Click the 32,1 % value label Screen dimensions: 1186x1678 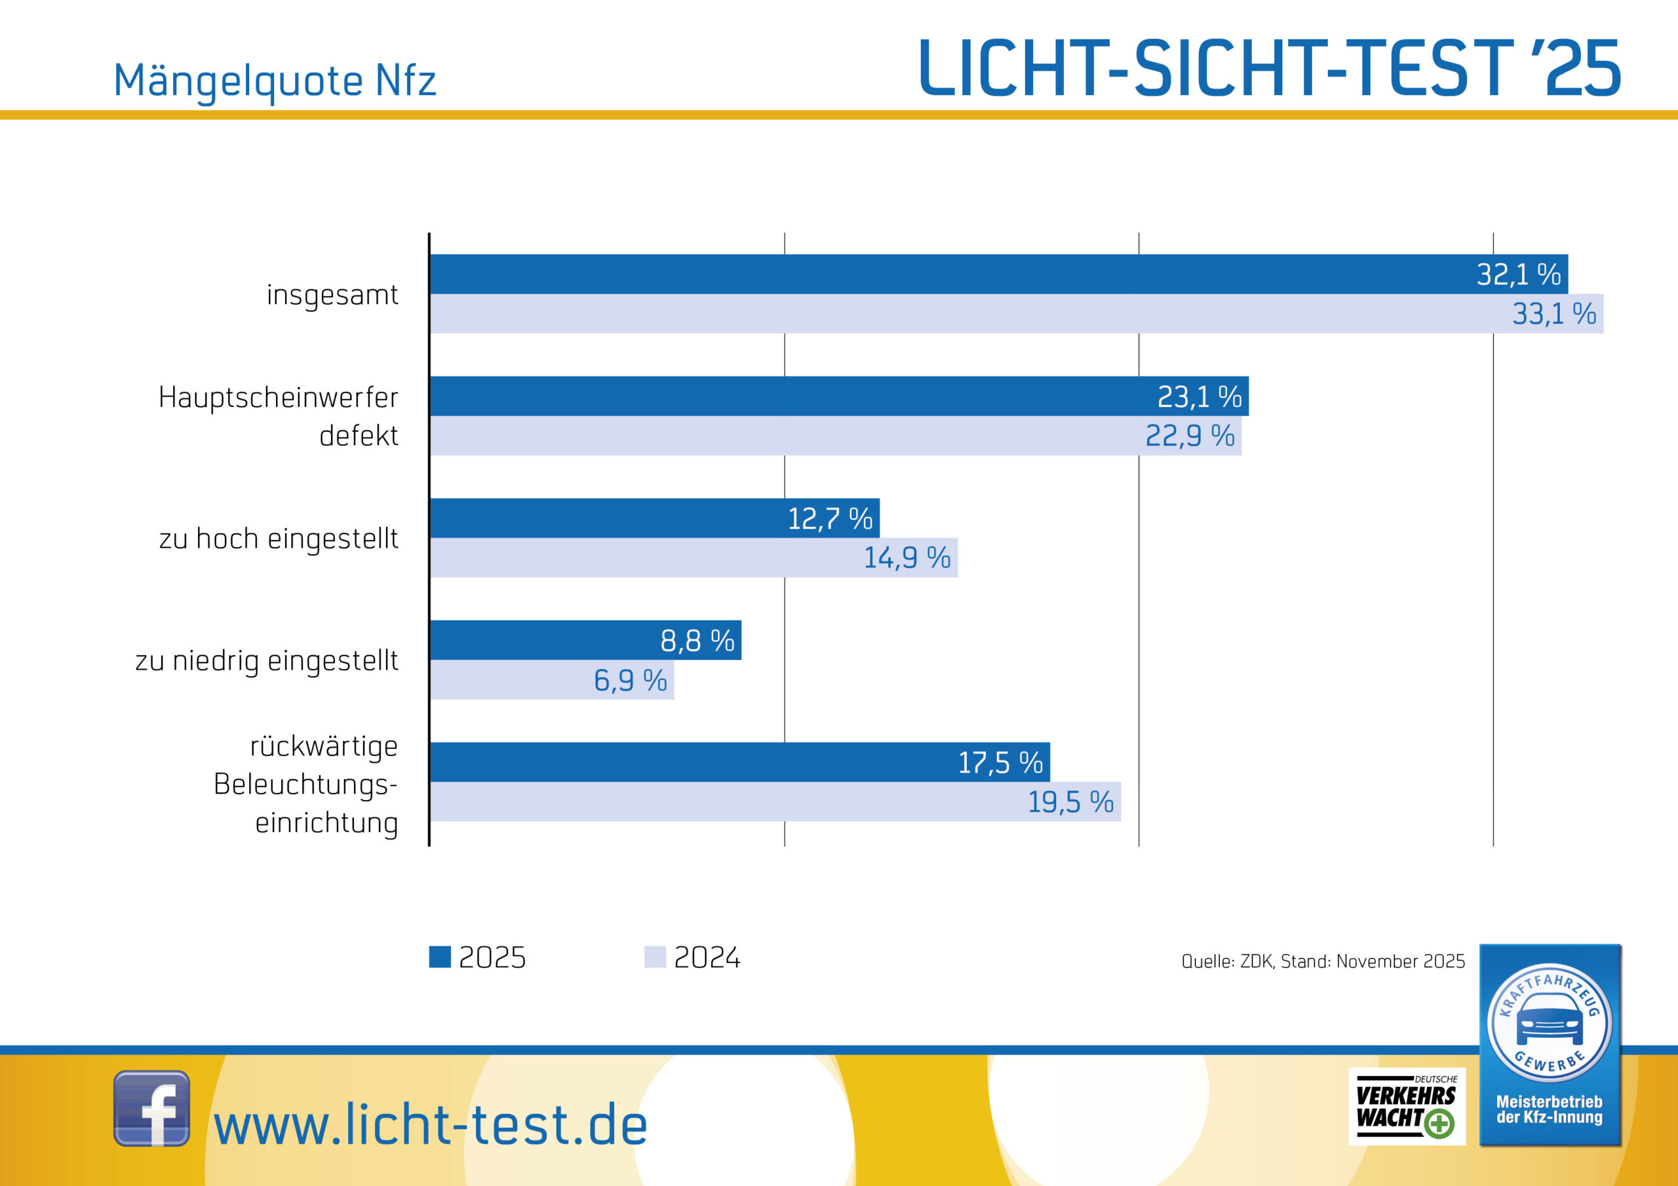(x=1518, y=275)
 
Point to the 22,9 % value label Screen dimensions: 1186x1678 (x=1189, y=436)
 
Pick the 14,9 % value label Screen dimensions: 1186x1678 (x=907, y=558)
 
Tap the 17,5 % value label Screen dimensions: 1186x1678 (x=1000, y=763)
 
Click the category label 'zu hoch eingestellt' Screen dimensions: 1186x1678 (x=279, y=539)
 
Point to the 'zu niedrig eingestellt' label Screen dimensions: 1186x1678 (x=267, y=660)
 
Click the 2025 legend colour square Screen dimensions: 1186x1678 (x=440, y=957)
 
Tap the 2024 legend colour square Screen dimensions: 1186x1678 (x=655, y=957)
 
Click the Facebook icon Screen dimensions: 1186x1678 (x=151, y=1108)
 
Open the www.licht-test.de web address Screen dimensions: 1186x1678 (x=431, y=1125)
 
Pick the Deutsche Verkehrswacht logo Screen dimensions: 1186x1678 (x=1406, y=1106)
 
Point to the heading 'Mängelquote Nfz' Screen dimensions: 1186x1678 (x=275, y=81)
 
